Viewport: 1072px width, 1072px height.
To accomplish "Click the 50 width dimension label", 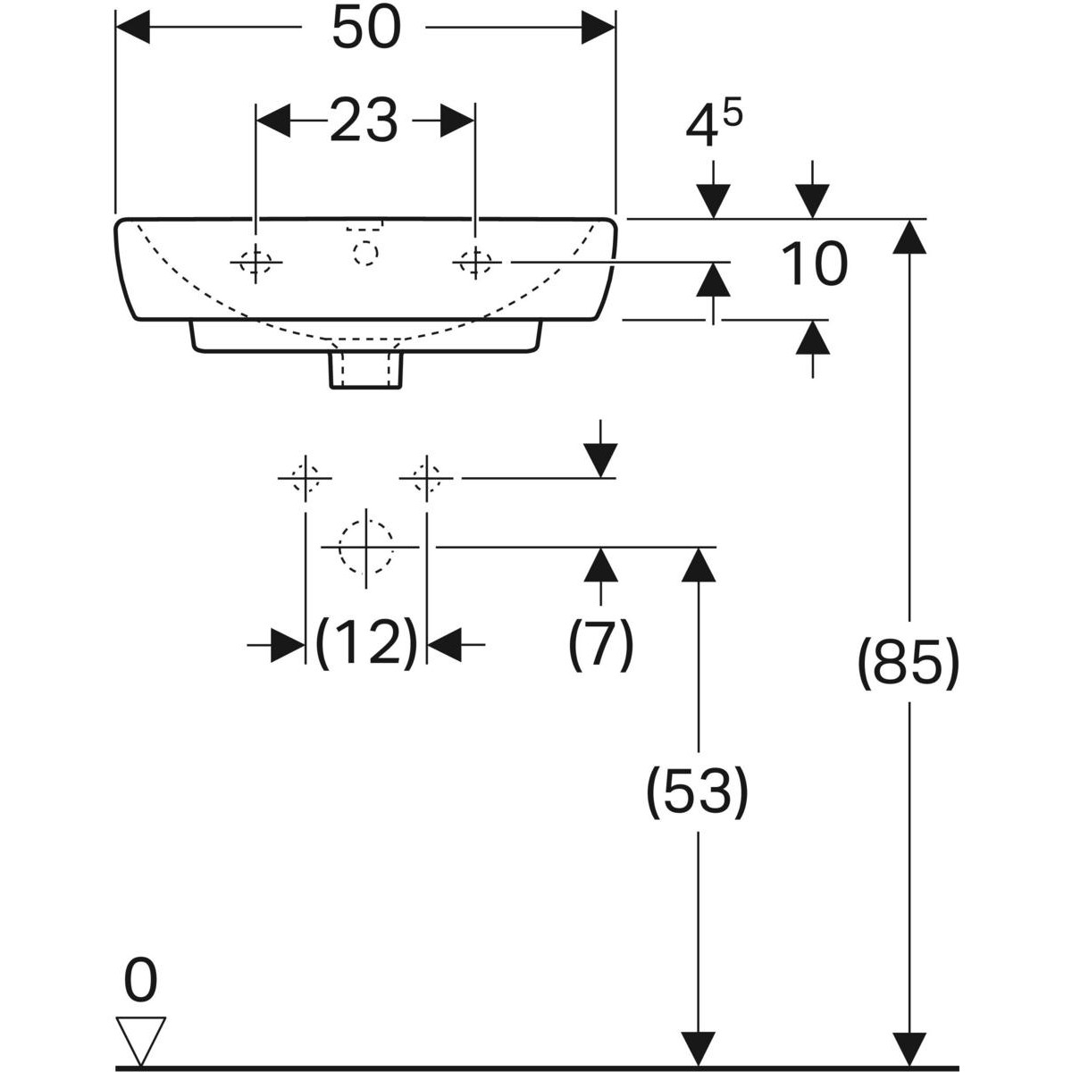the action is [x=365, y=28].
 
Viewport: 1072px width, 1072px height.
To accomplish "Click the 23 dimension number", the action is [x=364, y=121].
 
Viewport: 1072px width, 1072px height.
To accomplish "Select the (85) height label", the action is [x=909, y=663].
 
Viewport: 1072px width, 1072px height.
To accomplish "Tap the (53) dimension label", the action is [x=697, y=791].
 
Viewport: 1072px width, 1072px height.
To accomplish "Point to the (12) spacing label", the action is [x=366, y=644].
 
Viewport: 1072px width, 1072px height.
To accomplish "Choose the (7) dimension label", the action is [x=600, y=644].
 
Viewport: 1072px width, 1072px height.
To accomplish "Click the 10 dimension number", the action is [x=815, y=264].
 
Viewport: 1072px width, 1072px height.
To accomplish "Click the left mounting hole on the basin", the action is [x=255, y=262].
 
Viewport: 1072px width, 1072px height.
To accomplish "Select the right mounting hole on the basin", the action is [x=475, y=262].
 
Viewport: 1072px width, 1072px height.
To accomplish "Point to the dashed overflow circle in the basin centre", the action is [x=365, y=253].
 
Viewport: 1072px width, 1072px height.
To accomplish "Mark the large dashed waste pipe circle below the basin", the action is [x=365, y=548].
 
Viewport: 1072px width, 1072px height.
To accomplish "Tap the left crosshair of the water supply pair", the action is [x=305, y=478].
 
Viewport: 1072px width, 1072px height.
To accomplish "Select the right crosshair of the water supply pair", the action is [x=426, y=478].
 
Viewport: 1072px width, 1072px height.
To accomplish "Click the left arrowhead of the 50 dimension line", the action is [x=132, y=27].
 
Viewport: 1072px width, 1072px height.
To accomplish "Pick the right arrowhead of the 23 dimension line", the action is [x=457, y=121].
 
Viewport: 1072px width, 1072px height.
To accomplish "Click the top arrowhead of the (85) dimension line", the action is [x=909, y=237].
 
